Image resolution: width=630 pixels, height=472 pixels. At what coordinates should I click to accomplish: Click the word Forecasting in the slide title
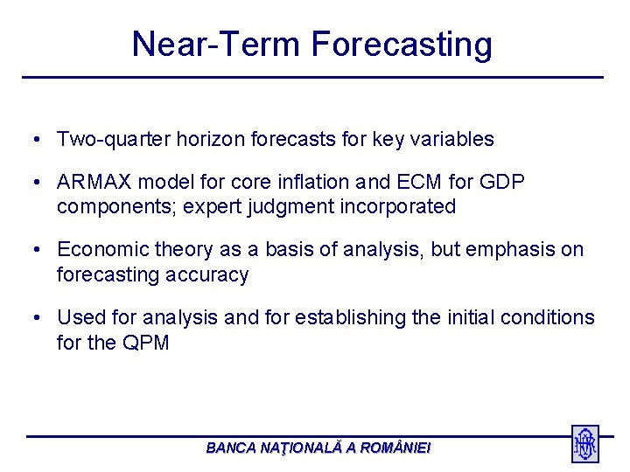click(402, 45)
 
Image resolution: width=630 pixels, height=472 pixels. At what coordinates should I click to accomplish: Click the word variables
click(451, 139)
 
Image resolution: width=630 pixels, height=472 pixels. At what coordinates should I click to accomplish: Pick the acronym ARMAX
click(94, 182)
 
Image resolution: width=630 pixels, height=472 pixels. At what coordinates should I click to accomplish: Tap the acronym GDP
click(502, 182)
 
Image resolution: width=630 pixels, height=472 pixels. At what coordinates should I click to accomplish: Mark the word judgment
click(290, 207)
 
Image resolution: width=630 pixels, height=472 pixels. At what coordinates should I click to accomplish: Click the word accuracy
click(206, 275)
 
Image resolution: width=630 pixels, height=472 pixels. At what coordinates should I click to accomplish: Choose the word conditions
click(547, 317)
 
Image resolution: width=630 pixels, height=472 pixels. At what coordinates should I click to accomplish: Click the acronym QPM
click(145, 343)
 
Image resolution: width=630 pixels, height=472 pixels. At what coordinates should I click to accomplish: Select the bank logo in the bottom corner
click(585, 443)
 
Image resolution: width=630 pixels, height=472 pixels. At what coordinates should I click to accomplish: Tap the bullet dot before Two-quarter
click(37, 140)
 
